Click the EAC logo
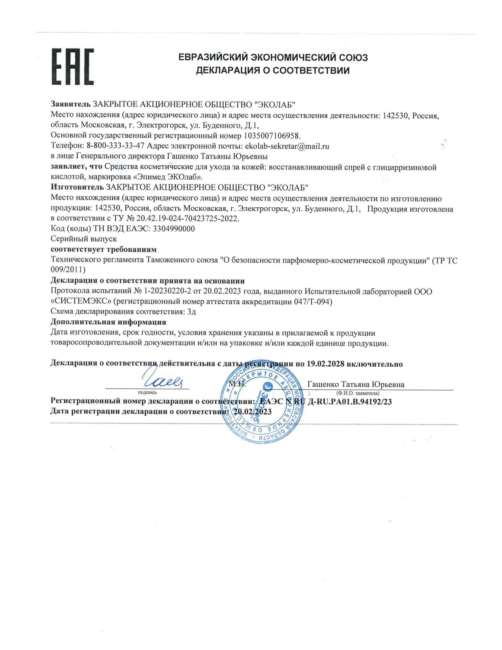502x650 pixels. coord(73,67)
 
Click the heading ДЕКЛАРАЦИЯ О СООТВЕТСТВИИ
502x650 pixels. coord(273,71)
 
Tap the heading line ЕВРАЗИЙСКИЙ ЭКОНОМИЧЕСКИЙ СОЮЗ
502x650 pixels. coord(273,57)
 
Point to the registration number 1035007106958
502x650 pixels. coord(272,136)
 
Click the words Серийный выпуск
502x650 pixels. coord(84,239)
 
